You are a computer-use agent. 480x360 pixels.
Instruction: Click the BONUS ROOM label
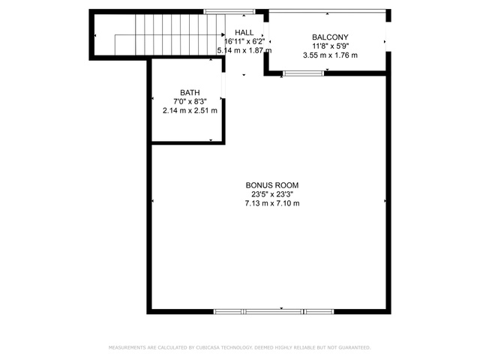[x=271, y=185]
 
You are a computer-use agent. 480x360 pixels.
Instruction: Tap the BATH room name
[x=190, y=92]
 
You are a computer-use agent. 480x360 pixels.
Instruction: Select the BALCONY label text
[x=330, y=37]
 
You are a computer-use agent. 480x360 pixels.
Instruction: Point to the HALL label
[x=244, y=32]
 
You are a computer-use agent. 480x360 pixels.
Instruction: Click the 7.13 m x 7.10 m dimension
[x=272, y=203]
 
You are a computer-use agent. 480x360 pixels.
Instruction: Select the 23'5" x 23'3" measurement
[x=272, y=194]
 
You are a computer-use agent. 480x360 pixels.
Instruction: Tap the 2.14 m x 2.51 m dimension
[x=190, y=110]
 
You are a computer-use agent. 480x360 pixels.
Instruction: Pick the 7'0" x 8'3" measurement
[x=190, y=102]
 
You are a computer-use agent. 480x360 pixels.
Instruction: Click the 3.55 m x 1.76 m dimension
[x=330, y=55]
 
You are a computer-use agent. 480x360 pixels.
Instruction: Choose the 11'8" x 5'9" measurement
[x=330, y=46]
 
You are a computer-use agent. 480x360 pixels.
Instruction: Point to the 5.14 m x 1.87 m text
[x=244, y=50]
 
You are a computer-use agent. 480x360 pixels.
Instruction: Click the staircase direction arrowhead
[x=223, y=35]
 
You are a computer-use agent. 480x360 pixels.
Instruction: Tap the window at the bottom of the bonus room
[x=274, y=312]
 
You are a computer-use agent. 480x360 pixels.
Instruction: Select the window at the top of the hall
[x=229, y=12]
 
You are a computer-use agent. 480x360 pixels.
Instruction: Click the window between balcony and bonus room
[x=303, y=73]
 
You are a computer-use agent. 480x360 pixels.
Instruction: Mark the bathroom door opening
[x=223, y=85]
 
